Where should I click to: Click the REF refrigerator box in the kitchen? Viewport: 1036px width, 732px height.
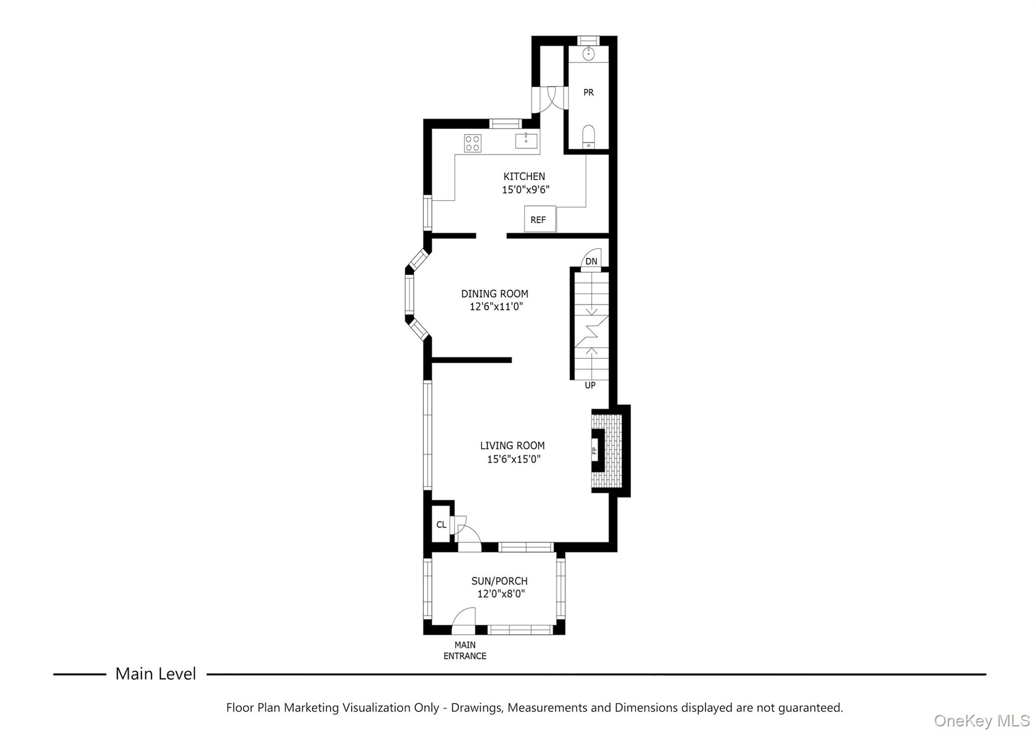[x=540, y=219]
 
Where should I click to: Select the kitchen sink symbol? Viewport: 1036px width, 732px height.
[x=526, y=141]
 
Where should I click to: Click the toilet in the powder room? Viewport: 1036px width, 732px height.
[x=588, y=136]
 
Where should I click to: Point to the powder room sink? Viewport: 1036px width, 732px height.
[x=589, y=53]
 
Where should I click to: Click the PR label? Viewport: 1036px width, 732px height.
[x=588, y=93]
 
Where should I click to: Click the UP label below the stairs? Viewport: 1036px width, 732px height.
[x=590, y=385]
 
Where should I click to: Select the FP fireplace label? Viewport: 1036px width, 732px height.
[x=595, y=451]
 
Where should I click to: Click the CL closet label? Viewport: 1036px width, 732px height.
[x=441, y=524]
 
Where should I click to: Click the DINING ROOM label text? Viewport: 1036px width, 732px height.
[x=494, y=294]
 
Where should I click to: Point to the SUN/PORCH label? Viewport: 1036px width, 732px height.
[x=499, y=581]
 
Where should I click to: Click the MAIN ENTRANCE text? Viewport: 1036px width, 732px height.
[x=464, y=650]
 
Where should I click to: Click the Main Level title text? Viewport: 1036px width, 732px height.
[x=155, y=674]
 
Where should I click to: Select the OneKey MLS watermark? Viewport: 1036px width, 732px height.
[x=981, y=720]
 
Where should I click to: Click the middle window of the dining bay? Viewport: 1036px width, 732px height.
[x=409, y=295]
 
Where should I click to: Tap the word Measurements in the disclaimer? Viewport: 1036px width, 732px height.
[x=547, y=708]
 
